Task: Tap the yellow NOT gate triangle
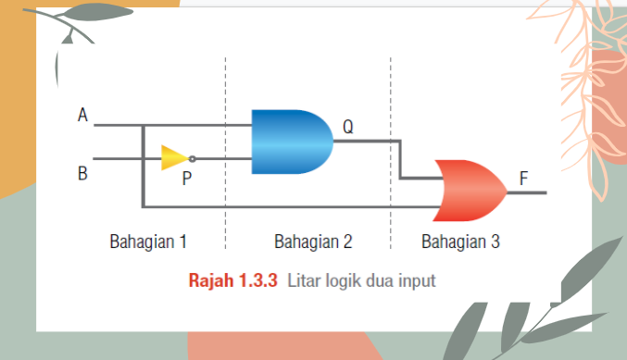pos(173,157)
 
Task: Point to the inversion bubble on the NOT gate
pos(192,158)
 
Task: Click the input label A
pos(83,116)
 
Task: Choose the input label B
pos(83,172)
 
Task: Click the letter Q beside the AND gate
pos(347,127)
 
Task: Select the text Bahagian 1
pos(148,242)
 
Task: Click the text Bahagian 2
pos(313,242)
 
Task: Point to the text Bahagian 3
pos(460,242)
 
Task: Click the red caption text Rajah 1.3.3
pos(233,279)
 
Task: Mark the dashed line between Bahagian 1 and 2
pos(226,185)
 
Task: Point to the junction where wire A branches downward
pos(142,125)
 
